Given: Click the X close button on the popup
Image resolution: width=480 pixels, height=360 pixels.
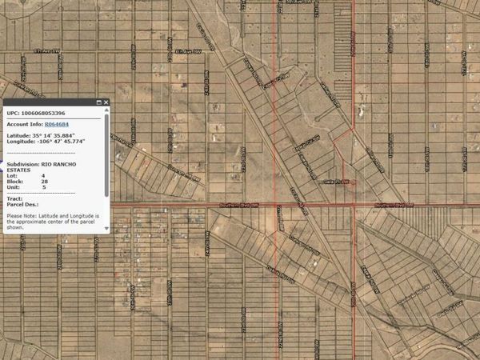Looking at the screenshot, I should pos(107,102).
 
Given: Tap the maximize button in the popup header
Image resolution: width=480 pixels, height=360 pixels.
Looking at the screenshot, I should pos(99,102).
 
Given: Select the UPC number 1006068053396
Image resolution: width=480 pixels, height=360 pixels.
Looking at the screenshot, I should pos(45,113).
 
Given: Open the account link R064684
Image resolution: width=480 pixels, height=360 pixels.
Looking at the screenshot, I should pos(57,124).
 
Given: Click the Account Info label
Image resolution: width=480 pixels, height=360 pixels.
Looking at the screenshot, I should pos(24,124).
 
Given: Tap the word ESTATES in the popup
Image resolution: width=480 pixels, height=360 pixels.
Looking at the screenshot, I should pos(19,170).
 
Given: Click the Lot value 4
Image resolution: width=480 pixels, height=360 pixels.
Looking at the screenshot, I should pos(43,176).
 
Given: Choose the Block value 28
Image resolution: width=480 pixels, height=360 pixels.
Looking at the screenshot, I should pos(44,182).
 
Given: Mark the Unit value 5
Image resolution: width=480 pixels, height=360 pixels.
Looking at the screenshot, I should pos(43,187).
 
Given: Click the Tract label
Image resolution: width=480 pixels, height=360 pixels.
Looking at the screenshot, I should pos(14,198).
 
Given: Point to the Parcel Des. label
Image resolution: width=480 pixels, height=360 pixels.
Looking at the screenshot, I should pos(22,204).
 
